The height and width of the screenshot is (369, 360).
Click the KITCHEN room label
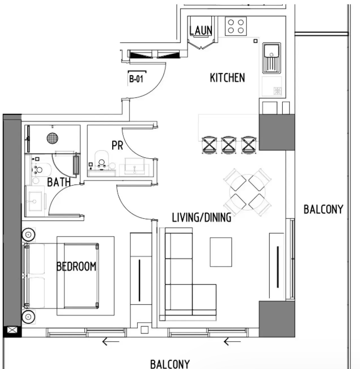[x=227, y=78]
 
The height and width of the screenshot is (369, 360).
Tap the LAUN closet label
[x=201, y=30]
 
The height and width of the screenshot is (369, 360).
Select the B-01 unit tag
[x=136, y=79]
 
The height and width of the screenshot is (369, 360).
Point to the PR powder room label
[x=117, y=145]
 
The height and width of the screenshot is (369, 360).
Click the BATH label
[x=59, y=182]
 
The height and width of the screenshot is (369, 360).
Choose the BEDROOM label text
[x=76, y=266]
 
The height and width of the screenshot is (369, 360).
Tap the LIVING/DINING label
[x=202, y=218]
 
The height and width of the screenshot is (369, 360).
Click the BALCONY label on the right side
[x=324, y=210]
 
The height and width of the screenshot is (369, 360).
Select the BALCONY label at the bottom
[x=170, y=364]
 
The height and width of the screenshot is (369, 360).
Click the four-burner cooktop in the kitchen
[x=236, y=26]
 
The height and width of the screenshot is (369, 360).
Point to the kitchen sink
[x=272, y=58]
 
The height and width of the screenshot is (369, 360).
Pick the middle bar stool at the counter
[x=228, y=145]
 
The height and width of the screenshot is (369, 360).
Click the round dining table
[x=247, y=192]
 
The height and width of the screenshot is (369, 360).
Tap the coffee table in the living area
[x=221, y=252]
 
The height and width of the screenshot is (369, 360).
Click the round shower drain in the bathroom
[x=52, y=138]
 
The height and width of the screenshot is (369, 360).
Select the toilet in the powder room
[x=102, y=160]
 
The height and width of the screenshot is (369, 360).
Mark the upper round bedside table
[x=28, y=235]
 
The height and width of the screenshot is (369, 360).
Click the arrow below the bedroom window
[x=111, y=341]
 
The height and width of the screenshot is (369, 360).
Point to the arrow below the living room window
[x=232, y=341]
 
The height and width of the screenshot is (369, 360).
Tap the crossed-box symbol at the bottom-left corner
[x=12, y=330]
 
